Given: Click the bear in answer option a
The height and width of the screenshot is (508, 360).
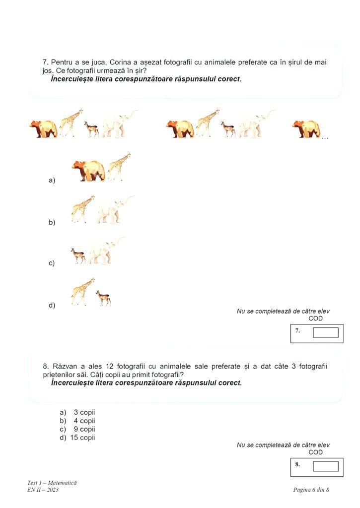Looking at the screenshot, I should tap(89, 171).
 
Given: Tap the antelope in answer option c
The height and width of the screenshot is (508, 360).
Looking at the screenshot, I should tap(77, 255).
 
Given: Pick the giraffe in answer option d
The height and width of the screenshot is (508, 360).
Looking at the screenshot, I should tap(82, 291).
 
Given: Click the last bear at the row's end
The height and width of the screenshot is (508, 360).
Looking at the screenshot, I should tap(305, 128).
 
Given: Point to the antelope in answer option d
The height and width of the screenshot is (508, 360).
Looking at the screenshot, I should tap(103, 298).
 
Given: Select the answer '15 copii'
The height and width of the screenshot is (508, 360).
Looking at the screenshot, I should tap(82, 438).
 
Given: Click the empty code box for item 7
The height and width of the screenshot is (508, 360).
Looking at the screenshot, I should tap(325, 332).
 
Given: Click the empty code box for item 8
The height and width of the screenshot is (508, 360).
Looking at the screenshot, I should tap(325, 466).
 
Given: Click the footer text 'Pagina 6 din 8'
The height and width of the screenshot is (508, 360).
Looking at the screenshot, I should tap(311, 490).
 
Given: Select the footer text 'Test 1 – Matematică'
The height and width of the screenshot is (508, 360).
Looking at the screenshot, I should tap(52, 483).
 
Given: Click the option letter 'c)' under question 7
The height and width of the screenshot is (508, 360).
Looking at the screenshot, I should tap(52, 263).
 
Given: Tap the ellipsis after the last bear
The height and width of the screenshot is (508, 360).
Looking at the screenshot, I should tap(325, 137).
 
